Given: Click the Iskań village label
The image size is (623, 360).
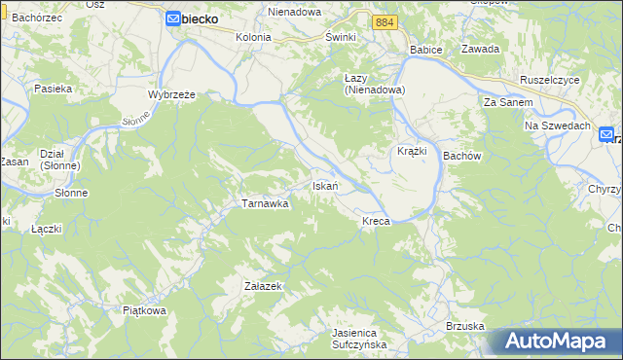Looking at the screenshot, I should pos(324,186).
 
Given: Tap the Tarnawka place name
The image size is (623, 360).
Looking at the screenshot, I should pos(265,204).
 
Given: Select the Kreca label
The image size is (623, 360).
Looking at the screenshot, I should pos(376,222).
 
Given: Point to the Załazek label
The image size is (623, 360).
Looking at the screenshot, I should pos(263,286).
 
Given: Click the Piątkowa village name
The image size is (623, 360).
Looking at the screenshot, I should pos(145,310).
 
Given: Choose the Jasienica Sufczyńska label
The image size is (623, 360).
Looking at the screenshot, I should pos(359,338).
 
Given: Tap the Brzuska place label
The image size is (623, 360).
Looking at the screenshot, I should pos(465,326).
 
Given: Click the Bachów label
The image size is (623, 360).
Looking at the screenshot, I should pos(462,156).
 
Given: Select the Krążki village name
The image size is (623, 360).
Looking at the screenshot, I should pos(413,152).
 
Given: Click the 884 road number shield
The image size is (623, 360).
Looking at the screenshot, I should pos(385,21).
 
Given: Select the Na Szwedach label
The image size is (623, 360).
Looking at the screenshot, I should pos(558,126).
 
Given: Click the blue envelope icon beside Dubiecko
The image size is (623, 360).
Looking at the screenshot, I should pos(172,18).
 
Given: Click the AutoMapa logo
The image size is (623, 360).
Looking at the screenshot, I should pos(555,342).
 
